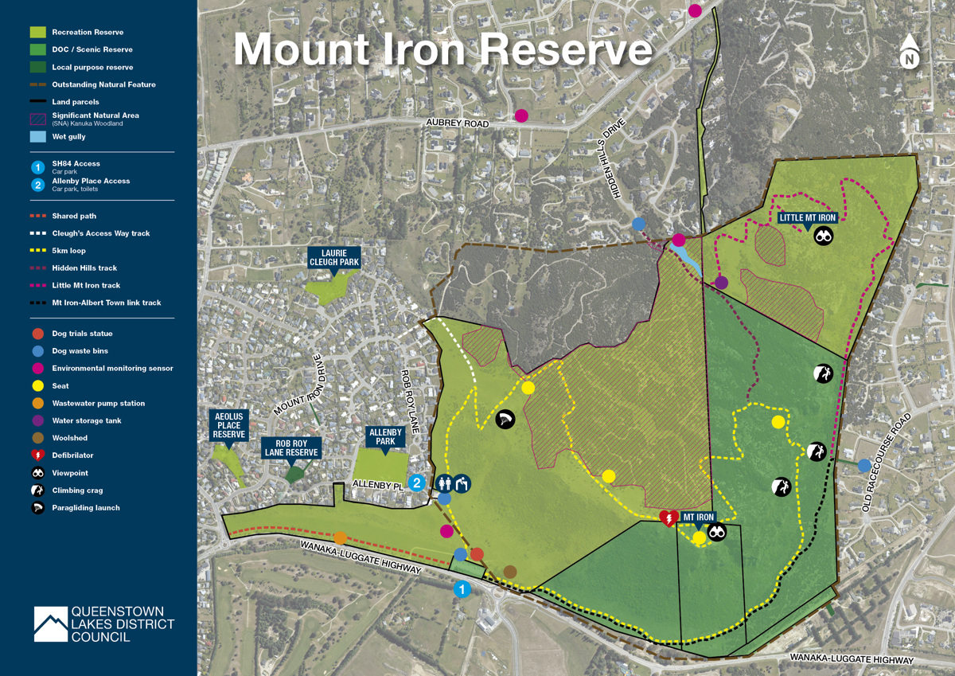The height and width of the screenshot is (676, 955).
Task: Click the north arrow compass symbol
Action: (x=910, y=52)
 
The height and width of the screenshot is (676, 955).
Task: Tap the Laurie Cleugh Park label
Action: (x=333, y=257)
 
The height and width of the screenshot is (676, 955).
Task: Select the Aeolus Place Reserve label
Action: (x=228, y=424)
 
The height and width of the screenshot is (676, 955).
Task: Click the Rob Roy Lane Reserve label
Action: (x=291, y=447)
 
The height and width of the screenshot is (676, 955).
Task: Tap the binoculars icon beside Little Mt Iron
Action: (x=824, y=236)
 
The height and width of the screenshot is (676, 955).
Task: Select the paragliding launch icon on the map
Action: (x=505, y=419)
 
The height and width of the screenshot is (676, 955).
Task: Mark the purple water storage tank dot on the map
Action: (x=721, y=282)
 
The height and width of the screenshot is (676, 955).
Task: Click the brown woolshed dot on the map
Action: (x=510, y=572)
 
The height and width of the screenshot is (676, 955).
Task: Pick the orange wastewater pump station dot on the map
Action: (x=340, y=537)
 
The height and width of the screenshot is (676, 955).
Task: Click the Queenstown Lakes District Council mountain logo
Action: (x=51, y=624)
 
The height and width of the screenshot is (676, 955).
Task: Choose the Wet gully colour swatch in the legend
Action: (x=37, y=137)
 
